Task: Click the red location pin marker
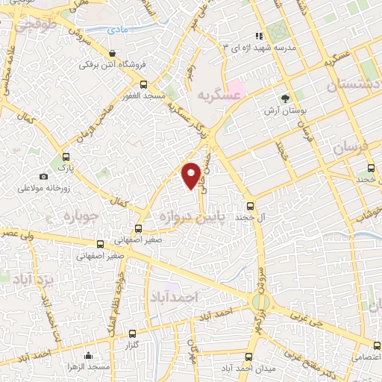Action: tap(191, 174)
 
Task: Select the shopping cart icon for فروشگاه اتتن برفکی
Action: tap(112, 54)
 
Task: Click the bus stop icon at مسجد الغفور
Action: tap(143, 84)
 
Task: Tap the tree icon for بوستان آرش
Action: tap(285, 98)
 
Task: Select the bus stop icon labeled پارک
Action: tap(66, 157)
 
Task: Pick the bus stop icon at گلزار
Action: tap(132, 334)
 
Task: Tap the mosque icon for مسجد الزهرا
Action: tap(89, 355)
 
